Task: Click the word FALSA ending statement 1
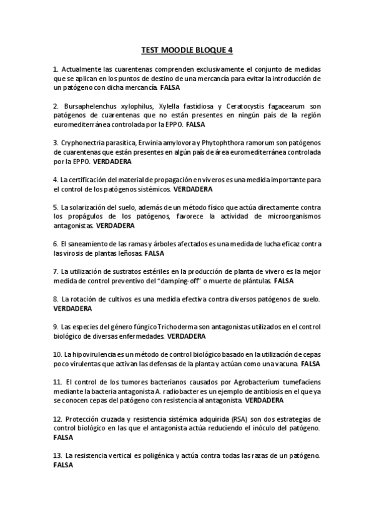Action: click(170, 88)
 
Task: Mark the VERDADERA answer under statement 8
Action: click(72, 308)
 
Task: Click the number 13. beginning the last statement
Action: click(57, 457)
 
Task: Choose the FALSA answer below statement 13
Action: click(63, 465)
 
